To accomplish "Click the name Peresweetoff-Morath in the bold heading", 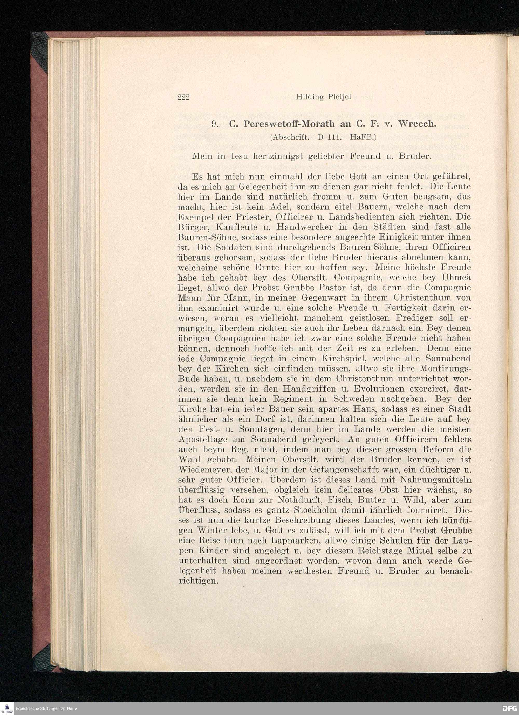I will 289,124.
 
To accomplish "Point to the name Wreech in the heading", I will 417,124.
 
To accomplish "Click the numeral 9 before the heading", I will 215,124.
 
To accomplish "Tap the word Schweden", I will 354,399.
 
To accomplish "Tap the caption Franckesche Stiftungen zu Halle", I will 46,709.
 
